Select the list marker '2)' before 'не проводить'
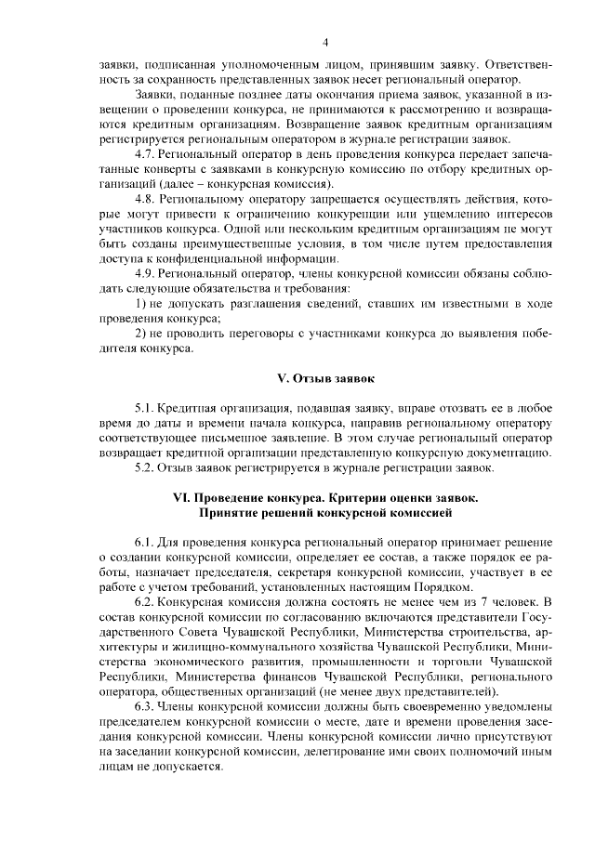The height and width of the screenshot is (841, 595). pos(140,334)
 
